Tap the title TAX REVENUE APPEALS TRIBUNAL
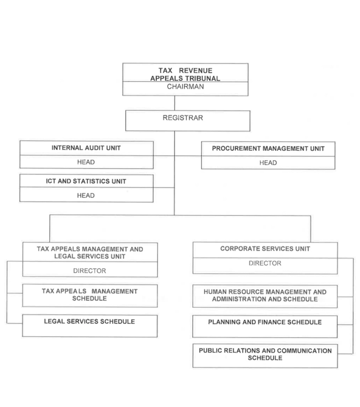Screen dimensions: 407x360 pyautogui.click(x=185, y=75)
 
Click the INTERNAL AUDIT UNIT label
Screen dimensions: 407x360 pyautogui.click(x=86, y=148)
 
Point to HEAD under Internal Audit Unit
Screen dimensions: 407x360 pyautogui.click(x=86, y=162)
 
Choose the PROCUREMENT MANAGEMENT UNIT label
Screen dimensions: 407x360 pyautogui.click(x=268, y=148)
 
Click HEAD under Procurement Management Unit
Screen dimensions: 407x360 pyautogui.click(x=268, y=163)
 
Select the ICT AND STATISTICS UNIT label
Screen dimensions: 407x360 pyautogui.click(x=86, y=181)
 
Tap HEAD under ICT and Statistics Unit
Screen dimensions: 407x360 pyautogui.click(x=86, y=196)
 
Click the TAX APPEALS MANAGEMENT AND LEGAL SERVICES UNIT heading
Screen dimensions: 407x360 pyautogui.click(x=90, y=253)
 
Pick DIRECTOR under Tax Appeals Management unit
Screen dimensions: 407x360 pyautogui.click(x=90, y=271)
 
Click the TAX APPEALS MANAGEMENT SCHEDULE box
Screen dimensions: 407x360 pyautogui.click(x=90, y=295)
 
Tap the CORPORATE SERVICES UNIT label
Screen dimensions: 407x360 pyautogui.click(x=265, y=249)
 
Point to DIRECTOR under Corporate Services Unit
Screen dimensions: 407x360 pyautogui.click(x=265, y=263)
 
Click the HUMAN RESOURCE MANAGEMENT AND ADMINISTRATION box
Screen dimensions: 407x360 pyautogui.click(x=265, y=296)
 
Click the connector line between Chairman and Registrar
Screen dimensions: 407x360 pyautogui.click(x=175, y=103)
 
